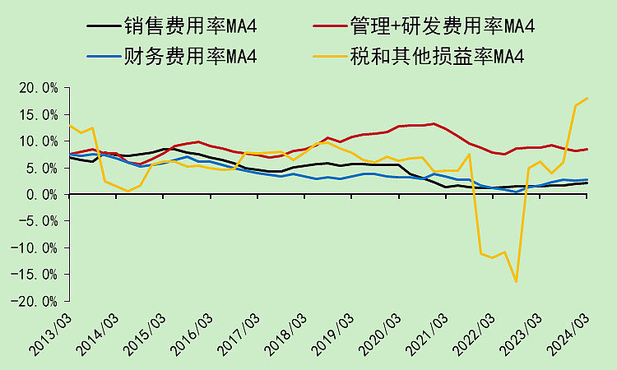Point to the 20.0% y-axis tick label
coord(39,88)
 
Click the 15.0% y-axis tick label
coord(39,114)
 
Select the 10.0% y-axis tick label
coord(39,141)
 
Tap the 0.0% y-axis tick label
coord(43,195)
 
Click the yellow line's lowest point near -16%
coord(517,282)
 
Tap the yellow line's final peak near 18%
coord(587,98)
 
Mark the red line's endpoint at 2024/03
coord(587,149)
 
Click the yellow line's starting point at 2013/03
coord(70,126)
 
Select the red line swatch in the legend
coord(329,26)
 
